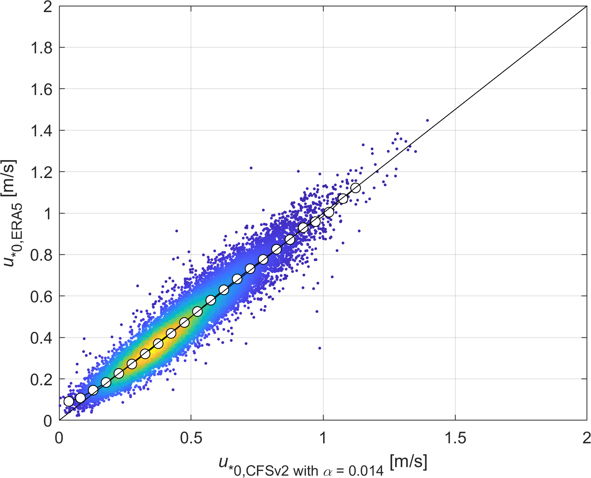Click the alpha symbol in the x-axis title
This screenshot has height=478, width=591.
pos(328,471)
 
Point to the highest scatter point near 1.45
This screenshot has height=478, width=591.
pos(427,120)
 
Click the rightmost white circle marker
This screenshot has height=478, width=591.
pos(355,188)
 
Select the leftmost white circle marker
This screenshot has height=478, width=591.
pos(69,401)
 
